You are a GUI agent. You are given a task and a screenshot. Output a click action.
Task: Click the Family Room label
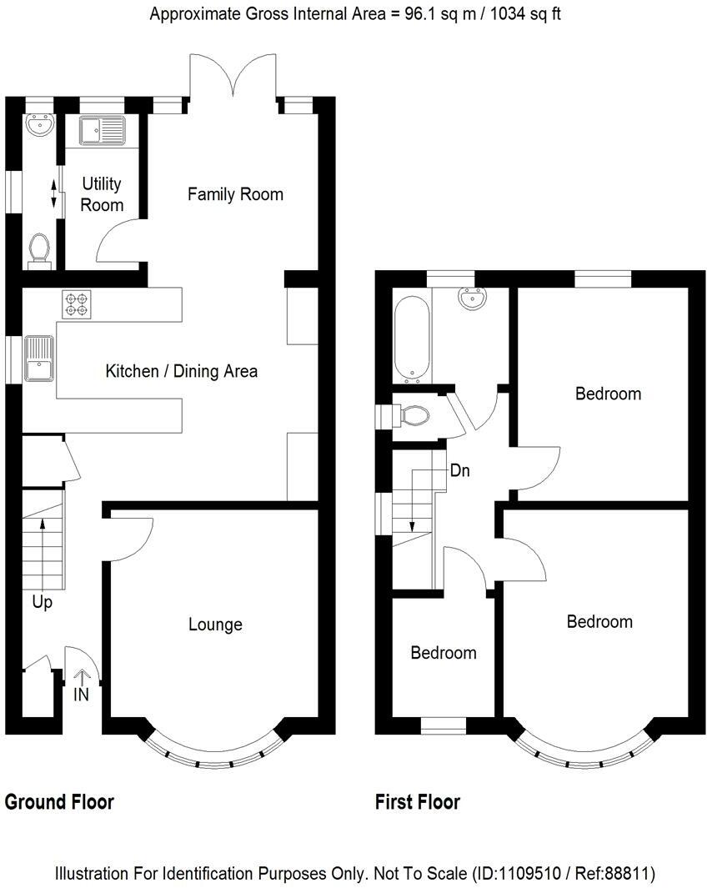tap(235, 194)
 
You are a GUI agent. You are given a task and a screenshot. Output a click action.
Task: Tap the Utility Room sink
tap(102, 131)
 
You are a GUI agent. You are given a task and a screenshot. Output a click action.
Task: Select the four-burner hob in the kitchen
tap(77, 304)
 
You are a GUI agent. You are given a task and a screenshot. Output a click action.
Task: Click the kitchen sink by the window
tap(39, 358)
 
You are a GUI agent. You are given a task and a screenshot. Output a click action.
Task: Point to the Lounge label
tap(215, 625)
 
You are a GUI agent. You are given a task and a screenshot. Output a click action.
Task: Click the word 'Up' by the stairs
tap(42, 602)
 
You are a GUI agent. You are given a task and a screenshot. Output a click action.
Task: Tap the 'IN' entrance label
tap(82, 695)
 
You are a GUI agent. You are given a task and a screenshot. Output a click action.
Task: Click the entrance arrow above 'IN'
tap(82, 677)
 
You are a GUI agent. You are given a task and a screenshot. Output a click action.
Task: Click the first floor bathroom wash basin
tap(472, 298)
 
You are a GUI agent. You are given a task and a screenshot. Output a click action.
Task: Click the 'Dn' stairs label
tap(459, 470)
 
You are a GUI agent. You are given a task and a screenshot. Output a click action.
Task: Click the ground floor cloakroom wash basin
tap(40, 124)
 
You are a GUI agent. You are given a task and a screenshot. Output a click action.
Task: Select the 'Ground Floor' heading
tap(59, 802)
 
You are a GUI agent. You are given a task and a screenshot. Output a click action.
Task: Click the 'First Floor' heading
tap(418, 802)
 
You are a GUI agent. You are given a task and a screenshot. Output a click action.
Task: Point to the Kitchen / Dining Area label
tap(182, 372)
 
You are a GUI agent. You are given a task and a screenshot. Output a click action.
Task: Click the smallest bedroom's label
tap(444, 653)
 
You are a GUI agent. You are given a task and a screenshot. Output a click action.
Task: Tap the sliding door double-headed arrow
tap(54, 193)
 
